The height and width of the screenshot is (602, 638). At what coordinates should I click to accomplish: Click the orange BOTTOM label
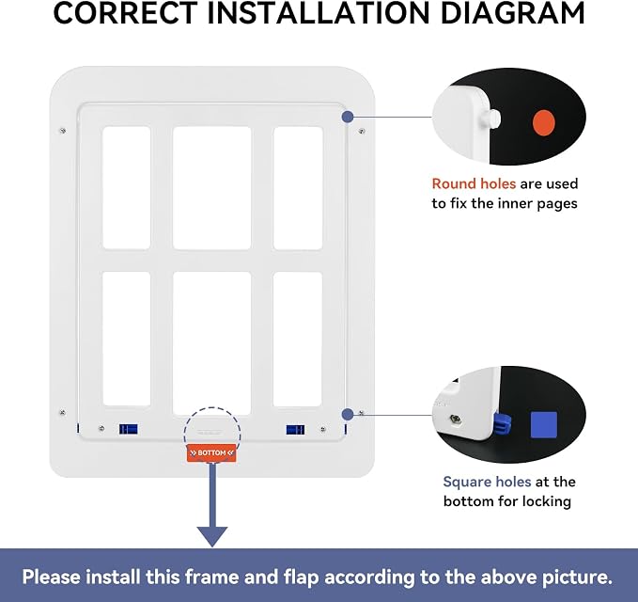(211, 453)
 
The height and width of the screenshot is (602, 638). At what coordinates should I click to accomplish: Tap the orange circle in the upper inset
(544, 123)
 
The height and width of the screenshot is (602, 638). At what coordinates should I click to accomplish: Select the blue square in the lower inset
(544, 425)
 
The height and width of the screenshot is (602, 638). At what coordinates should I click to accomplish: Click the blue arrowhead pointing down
(212, 536)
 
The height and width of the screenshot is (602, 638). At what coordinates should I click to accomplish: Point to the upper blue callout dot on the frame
(347, 117)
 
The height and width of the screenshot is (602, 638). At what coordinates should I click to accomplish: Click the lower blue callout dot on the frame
(348, 415)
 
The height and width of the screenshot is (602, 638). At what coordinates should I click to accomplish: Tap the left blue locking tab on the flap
(128, 429)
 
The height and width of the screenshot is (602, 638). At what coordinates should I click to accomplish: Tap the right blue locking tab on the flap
(295, 430)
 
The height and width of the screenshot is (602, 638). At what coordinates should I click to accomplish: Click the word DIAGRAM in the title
(513, 13)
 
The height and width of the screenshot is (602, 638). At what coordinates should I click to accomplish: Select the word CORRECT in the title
(125, 13)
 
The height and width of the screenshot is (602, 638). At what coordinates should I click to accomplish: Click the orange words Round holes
(474, 183)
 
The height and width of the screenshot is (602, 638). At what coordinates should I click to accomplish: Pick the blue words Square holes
(487, 482)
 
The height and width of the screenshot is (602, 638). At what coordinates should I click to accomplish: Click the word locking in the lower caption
(547, 501)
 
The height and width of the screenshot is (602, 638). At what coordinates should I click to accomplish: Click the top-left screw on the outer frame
(63, 131)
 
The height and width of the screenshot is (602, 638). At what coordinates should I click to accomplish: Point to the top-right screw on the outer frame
(362, 131)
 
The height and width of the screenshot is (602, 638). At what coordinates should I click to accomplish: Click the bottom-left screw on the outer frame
(62, 413)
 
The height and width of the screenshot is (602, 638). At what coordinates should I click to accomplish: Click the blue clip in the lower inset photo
(502, 424)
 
